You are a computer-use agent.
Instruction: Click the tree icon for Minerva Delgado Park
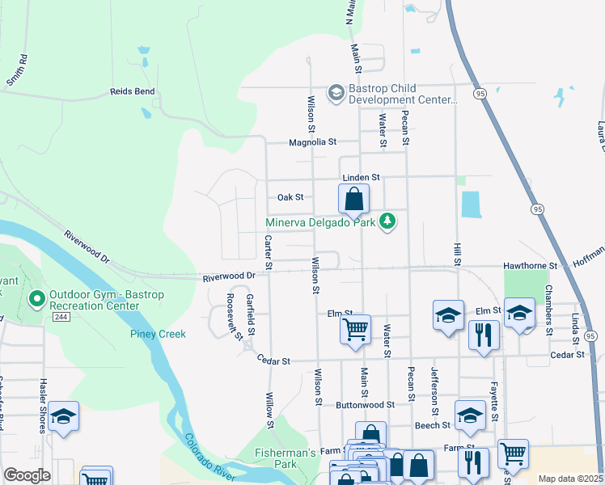coord(388,221)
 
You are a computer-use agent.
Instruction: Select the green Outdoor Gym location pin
coord(36,301)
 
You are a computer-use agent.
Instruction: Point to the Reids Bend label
coord(133,92)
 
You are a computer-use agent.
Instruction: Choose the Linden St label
coord(361,177)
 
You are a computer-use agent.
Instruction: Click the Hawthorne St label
coord(531,265)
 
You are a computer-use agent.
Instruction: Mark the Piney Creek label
coord(158,334)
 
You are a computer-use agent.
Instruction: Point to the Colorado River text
coord(211,456)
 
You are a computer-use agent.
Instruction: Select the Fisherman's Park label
coord(286,458)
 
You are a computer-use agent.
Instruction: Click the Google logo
coord(27,475)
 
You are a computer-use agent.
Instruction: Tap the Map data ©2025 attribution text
coord(570,479)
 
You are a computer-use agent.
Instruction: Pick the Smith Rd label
coord(17,70)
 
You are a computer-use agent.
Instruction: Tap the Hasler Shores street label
coord(40,407)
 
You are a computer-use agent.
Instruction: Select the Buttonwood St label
coord(366,403)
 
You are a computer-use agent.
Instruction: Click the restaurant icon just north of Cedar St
coord(483,335)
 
